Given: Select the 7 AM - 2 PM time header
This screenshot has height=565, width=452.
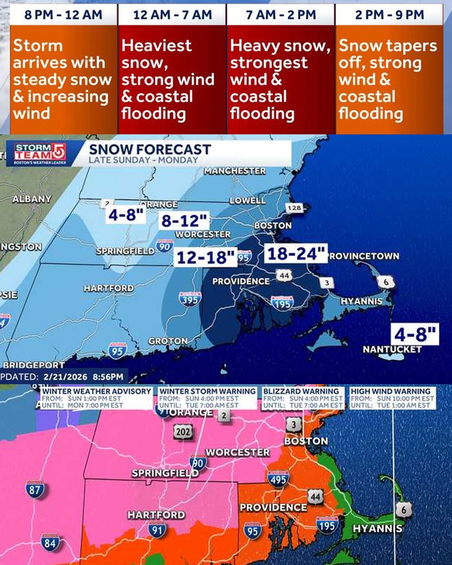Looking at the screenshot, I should tap(281, 14).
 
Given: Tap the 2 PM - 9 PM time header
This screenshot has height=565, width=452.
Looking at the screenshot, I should tap(389, 14).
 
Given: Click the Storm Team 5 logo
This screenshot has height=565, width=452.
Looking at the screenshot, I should tap(40, 153).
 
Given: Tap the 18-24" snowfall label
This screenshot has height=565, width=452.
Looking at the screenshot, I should tap(295, 253).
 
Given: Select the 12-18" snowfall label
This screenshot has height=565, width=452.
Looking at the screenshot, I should tap(206, 258).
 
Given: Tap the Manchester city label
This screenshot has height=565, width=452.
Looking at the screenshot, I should tap(234, 171).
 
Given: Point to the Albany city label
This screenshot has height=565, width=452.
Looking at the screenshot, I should tap(32, 199).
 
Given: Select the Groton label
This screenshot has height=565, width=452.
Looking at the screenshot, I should tap(168, 340).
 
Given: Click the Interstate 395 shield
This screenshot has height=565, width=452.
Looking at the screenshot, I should tap(191, 299).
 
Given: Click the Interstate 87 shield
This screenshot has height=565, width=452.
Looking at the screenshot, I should tap(35, 489).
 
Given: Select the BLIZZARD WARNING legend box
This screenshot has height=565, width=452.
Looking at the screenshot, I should tap(303, 398).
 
